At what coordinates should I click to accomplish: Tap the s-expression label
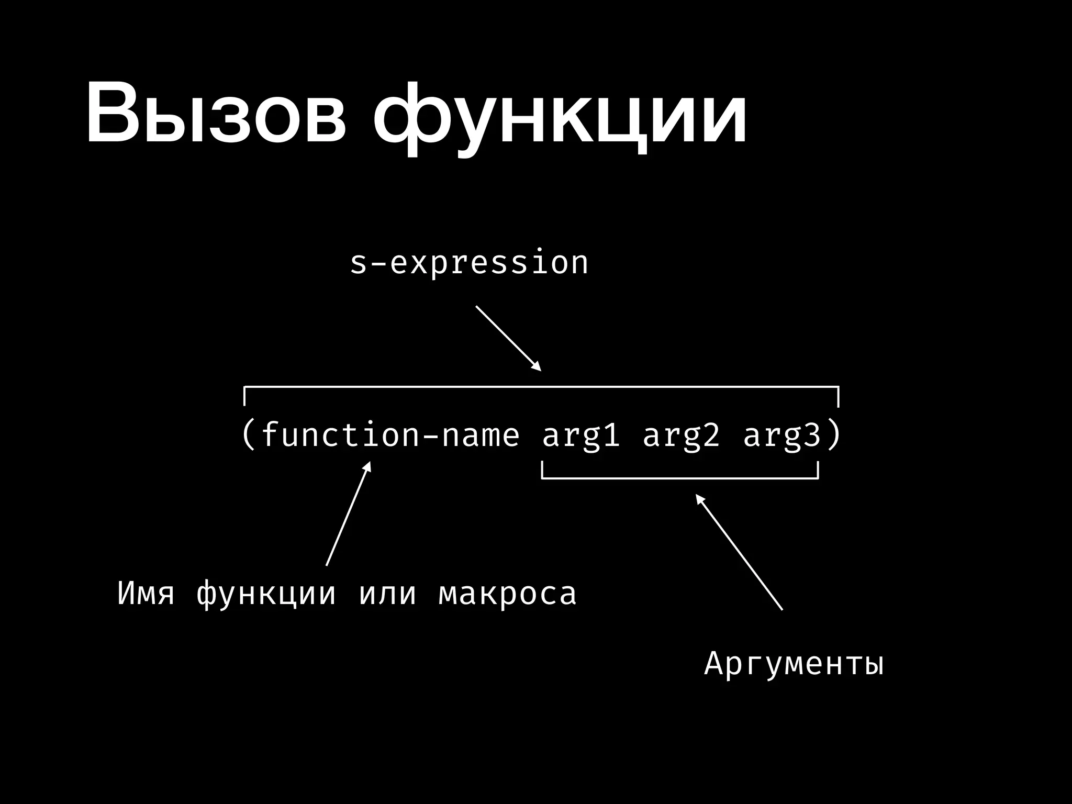coord(468,263)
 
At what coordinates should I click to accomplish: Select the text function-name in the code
coord(390,435)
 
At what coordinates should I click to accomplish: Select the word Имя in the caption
coord(146,594)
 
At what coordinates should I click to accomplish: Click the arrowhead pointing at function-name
coord(368,466)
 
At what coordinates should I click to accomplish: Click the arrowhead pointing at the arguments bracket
coord(699,498)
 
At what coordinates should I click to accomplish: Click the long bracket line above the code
coord(541,387)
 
